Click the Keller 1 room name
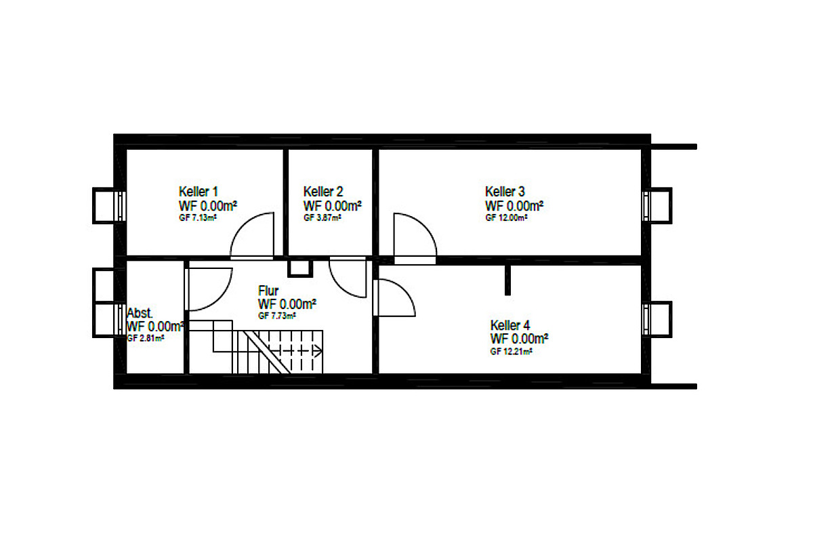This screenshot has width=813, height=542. point(198,191)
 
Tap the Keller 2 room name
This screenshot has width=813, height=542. point(323,191)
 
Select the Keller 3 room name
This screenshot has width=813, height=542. point(505,191)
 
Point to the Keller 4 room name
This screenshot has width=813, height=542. point(510,325)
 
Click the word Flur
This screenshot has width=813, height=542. point(268,291)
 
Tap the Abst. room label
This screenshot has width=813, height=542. point(140,313)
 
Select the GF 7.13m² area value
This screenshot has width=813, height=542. point(198,218)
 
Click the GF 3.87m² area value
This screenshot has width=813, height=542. point(322,218)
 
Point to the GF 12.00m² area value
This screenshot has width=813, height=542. point(506,218)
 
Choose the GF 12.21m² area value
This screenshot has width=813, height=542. point(511,352)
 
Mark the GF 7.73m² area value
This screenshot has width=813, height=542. point(277,316)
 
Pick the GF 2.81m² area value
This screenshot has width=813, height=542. point(146,338)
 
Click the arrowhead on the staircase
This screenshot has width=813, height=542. point(318,351)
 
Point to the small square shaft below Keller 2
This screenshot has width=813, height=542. point(300,268)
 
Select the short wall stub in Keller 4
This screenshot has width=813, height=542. point(507,280)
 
